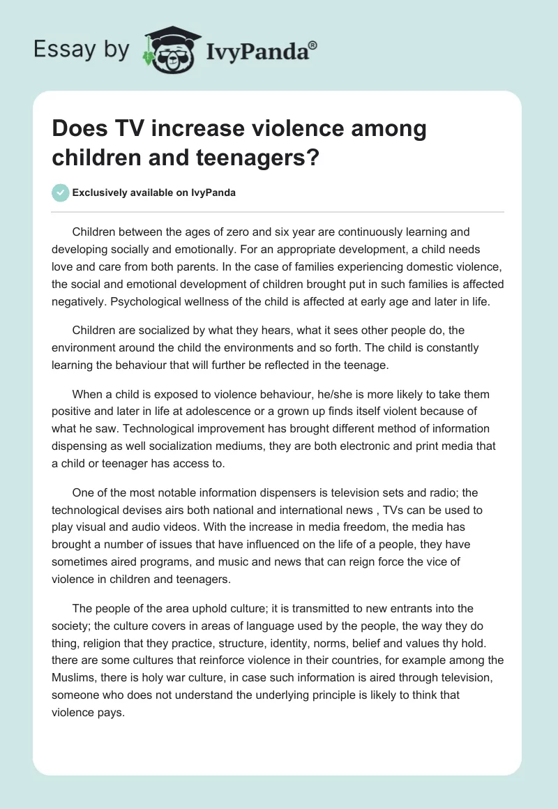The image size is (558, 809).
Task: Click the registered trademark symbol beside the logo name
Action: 312,46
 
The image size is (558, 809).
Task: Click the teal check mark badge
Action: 61,193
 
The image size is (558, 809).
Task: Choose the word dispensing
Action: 85,446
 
